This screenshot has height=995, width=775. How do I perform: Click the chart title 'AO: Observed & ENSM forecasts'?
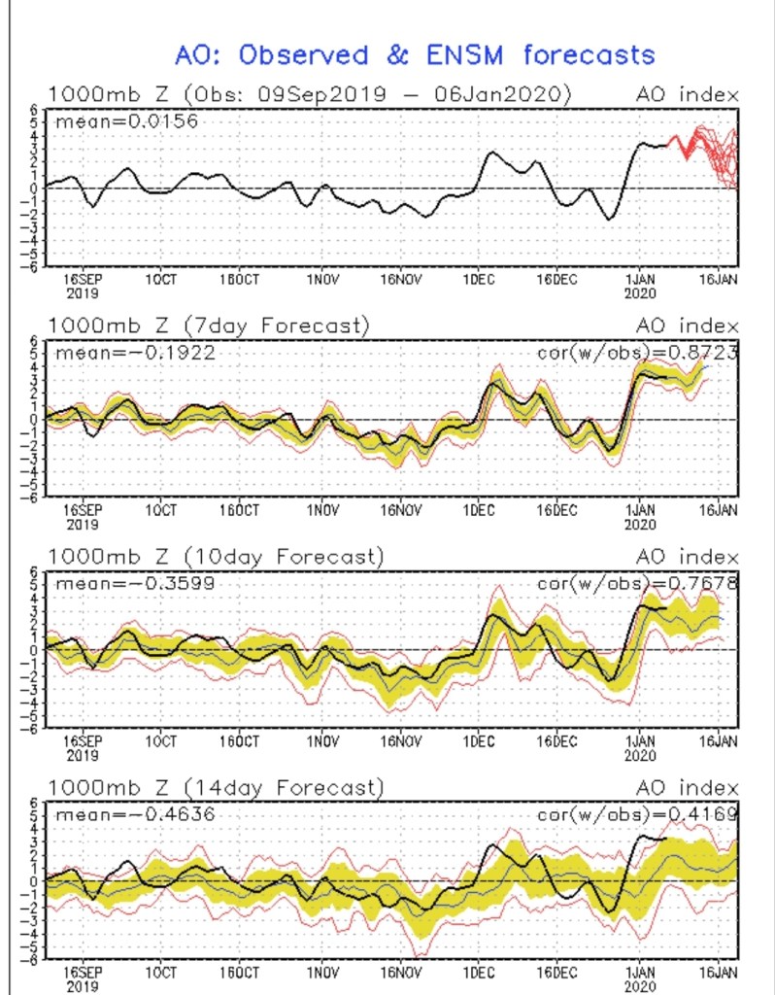click(415, 54)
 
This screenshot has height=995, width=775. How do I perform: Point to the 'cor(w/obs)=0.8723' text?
click(637, 353)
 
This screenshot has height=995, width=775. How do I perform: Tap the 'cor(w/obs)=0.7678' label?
click(637, 583)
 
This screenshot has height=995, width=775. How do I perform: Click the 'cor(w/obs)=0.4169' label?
click(637, 813)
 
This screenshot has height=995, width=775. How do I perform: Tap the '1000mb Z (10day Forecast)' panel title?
click(214, 557)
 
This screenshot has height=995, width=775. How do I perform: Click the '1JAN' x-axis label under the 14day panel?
click(640, 971)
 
